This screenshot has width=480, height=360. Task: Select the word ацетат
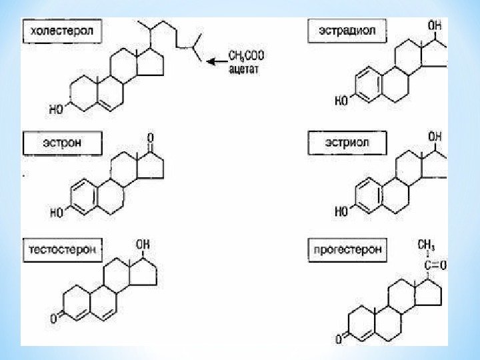pos(243,67)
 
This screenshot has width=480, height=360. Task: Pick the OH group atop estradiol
pos(434,25)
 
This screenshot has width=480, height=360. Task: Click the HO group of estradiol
pos(341,101)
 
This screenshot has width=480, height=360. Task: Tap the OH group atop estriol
pos(434,137)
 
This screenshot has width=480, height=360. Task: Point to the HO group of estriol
pos(341,213)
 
